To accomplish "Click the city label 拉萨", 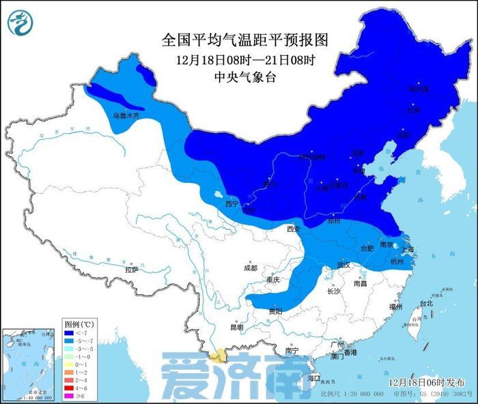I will click(x=131, y=270).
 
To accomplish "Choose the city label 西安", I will click(x=294, y=229).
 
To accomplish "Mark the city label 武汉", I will click(x=342, y=265).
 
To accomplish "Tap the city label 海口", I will click(x=313, y=377).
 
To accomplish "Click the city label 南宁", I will click(x=292, y=350).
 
